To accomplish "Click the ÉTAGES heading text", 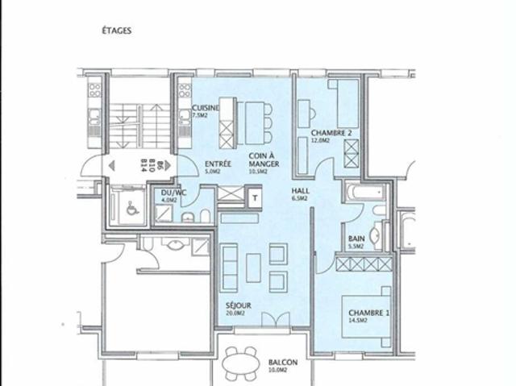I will [x=116, y=31].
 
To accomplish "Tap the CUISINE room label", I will [x=206, y=107].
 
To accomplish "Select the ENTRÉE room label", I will [x=218, y=163].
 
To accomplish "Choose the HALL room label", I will [x=299, y=191].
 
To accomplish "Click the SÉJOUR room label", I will [x=239, y=306].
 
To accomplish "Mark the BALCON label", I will [x=282, y=363].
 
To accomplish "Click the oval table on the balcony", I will [x=240, y=365].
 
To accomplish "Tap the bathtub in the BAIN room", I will [x=364, y=193].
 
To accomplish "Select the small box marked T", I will [x=255, y=197].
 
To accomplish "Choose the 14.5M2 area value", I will [x=358, y=321].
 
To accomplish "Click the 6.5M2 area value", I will [x=299, y=198].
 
